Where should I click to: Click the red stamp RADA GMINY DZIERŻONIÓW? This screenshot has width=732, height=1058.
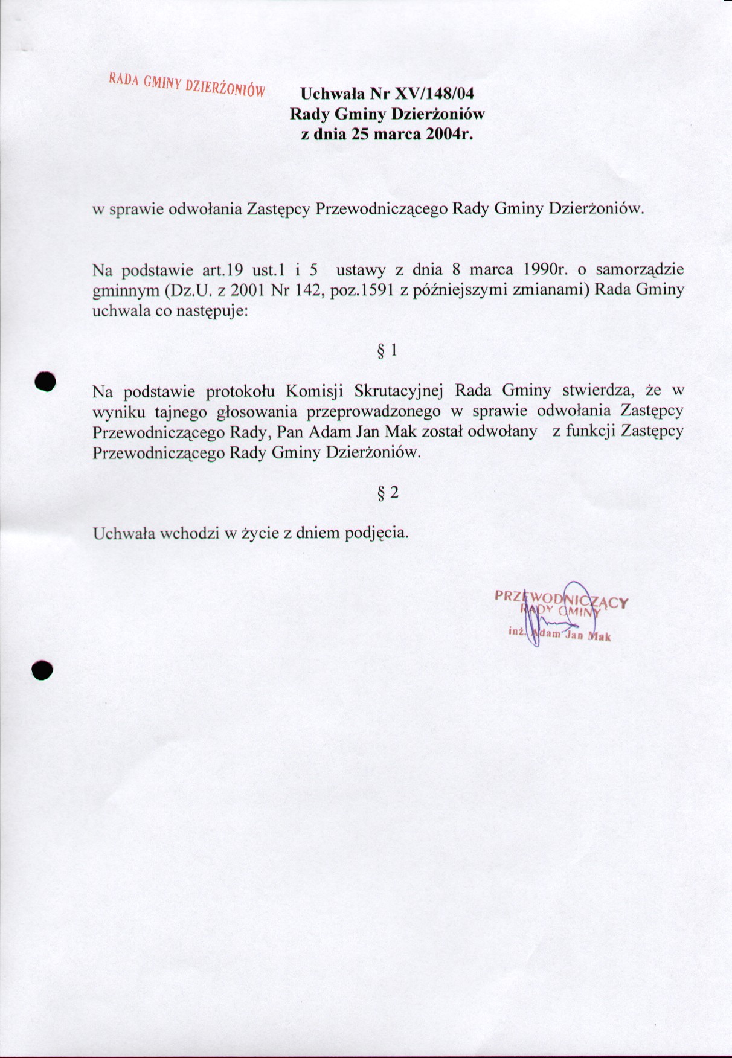[x=187, y=85]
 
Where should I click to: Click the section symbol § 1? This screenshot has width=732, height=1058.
[x=387, y=350]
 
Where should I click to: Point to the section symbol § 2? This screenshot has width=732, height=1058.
[x=387, y=493]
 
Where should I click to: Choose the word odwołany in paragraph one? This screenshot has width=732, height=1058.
[x=502, y=432]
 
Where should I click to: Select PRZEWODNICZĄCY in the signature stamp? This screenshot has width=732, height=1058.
[x=562, y=598]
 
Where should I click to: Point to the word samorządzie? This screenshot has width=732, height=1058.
[x=640, y=269]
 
